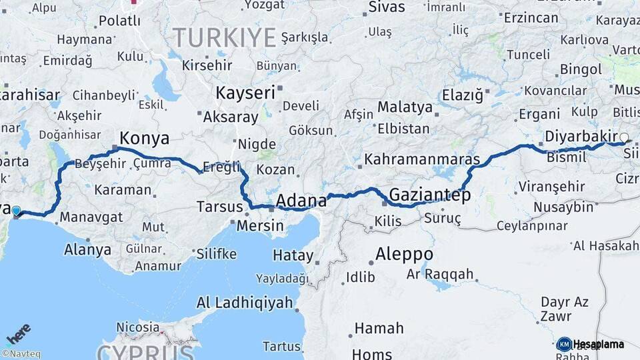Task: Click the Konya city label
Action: [x=144, y=138]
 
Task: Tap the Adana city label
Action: [x=301, y=200]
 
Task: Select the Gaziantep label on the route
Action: [x=429, y=195]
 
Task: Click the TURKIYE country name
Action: [x=224, y=37]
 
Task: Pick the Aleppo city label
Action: [x=404, y=254]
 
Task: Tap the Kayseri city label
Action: [x=245, y=93]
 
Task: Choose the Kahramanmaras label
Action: [x=422, y=160]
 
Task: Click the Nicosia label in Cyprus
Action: [x=138, y=327]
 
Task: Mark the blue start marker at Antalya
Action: [x=16, y=211]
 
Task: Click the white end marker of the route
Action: [x=624, y=139]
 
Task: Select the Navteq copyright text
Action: [x=21, y=354]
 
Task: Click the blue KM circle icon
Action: [x=564, y=344]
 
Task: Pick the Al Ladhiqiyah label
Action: [x=245, y=303]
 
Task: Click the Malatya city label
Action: [x=405, y=107]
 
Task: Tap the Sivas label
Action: [x=386, y=7]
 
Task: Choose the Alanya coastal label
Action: [x=88, y=250]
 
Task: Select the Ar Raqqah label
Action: [x=440, y=274]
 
